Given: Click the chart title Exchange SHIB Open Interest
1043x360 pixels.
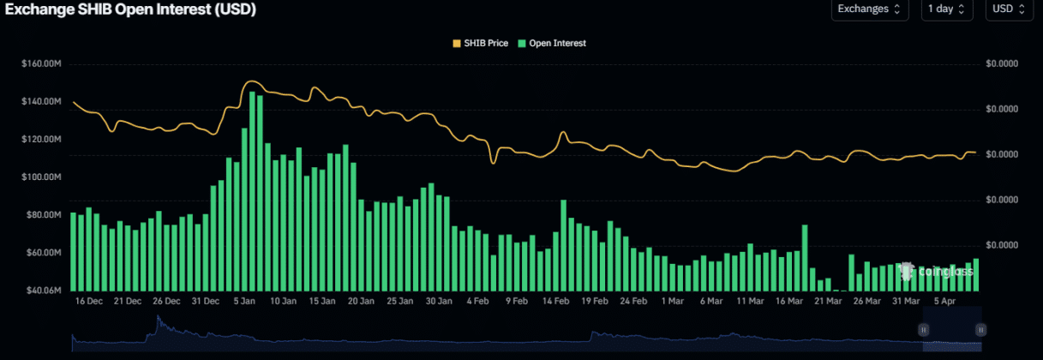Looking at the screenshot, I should [129, 9].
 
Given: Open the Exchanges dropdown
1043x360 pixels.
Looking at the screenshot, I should [869, 9].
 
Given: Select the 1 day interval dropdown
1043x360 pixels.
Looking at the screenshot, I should [946, 9].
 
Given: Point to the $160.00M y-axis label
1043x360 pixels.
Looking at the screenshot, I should [41, 63].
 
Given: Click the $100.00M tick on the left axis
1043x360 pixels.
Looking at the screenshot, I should [41, 177].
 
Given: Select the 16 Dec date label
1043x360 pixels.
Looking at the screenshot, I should [89, 302].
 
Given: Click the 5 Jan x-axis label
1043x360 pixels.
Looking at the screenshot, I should [243, 302].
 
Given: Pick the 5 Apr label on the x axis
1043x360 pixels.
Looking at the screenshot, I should [944, 302].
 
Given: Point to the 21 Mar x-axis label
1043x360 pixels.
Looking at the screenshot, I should [828, 302].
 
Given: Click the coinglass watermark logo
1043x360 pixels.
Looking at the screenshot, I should [936, 272].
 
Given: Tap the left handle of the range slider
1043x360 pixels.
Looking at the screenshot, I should [924, 329].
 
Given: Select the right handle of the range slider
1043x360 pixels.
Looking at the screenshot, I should [980, 329].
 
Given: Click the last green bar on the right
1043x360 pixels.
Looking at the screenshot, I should [976, 275].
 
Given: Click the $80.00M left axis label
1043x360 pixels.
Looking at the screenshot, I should [41, 215].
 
